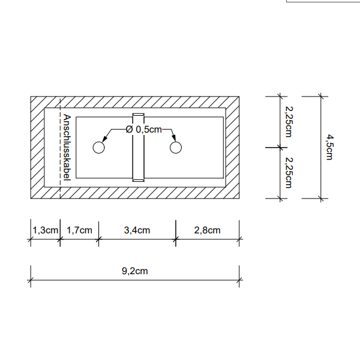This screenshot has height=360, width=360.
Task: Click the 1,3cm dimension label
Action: point(45,230)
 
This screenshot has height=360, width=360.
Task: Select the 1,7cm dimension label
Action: point(79,230)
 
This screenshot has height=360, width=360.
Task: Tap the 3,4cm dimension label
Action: point(137,230)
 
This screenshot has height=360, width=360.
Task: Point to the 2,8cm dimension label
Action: point(207,230)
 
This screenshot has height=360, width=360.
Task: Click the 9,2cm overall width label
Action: point(135,271)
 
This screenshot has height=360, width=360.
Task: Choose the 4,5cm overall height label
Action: point(329,147)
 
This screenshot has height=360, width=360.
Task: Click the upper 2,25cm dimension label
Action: point(289,122)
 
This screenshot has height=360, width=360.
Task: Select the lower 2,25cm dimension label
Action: point(289,173)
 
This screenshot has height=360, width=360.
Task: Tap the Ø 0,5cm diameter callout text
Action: point(144,130)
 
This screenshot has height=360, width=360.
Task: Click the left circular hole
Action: point(99,148)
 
